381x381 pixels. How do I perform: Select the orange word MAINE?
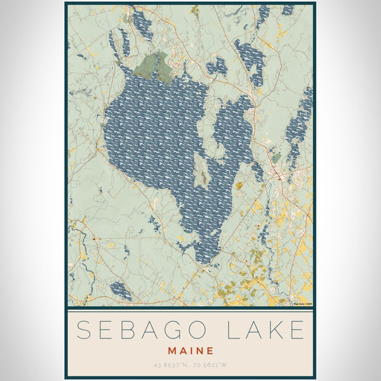(190, 350)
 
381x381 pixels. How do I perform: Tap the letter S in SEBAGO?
(84, 331)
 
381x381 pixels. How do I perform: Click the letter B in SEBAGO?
(136, 331)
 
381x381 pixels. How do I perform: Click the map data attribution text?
(302, 304)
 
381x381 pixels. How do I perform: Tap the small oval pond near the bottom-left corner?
(121, 291)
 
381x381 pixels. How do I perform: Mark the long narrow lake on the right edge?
(298, 124)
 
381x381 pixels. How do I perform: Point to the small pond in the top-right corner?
(287, 10)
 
